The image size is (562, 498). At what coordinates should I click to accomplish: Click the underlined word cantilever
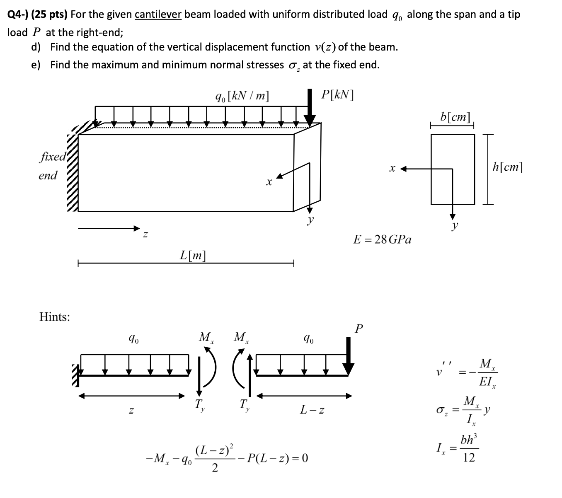click(x=158, y=15)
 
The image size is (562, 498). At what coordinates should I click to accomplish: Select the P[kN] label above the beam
click(x=337, y=95)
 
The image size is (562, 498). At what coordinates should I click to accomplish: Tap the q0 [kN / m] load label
click(x=242, y=96)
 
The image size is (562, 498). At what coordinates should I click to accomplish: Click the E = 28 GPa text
click(x=382, y=239)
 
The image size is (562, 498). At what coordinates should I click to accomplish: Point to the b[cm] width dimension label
click(x=455, y=116)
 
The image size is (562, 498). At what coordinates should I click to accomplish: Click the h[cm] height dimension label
click(x=508, y=167)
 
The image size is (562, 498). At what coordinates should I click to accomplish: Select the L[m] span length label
click(x=193, y=255)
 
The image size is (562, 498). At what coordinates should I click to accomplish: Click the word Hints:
click(x=54, y=317)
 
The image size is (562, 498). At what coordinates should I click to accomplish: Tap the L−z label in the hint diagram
click(x=312, y=410)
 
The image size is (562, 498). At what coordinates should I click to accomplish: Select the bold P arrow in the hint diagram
click(x=349, y=355)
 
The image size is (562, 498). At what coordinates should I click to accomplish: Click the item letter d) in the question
click(x=36, y=47)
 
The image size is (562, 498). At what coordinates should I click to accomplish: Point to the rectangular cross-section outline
click(x=453, y=169)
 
